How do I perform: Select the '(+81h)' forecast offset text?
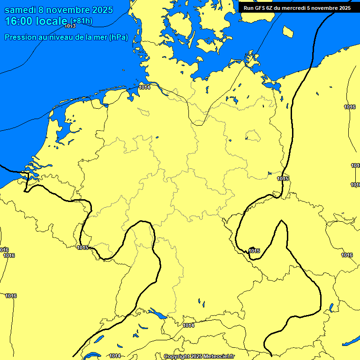click(x=81, y=21)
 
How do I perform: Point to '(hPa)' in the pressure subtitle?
click(x=118, y=37)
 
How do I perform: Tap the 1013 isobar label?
click(x=70, y=26)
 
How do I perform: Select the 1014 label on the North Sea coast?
click(x=144, y=87)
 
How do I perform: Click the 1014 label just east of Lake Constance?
click(x=188, y=325)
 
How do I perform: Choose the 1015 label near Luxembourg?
click(x=82, y=247)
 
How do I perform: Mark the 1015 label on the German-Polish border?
click(x=283, y=179)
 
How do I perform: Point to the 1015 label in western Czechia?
click(x=254, y=251)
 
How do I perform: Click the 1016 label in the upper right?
click(x=350, y=107)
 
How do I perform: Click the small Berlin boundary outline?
click(x=253, y=136)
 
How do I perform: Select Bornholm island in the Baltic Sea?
click(x=288, y=31)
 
